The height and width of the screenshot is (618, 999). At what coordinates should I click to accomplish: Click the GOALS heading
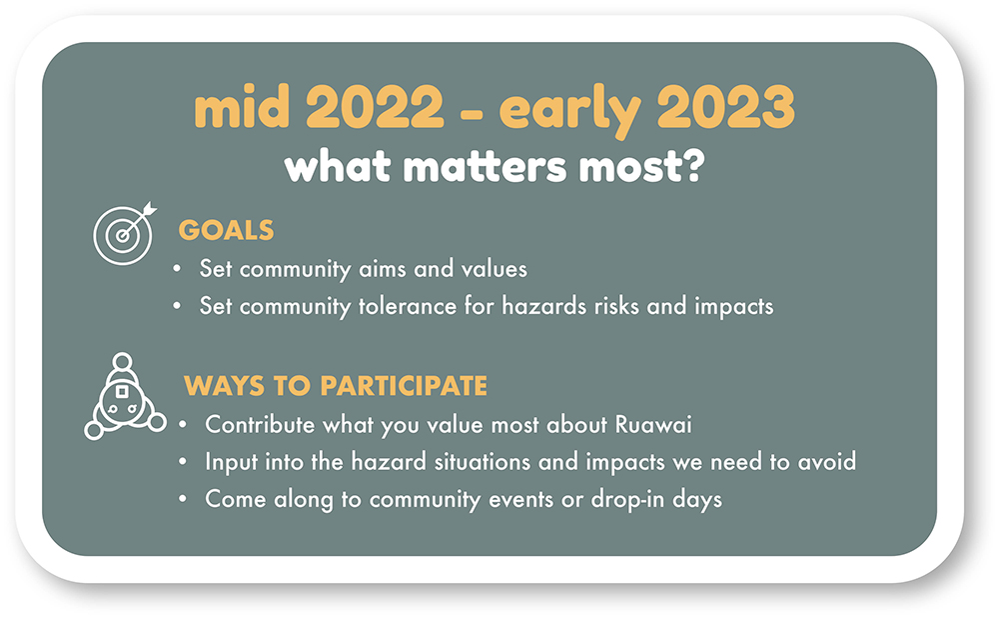pyautogui.click(x=226, y=231)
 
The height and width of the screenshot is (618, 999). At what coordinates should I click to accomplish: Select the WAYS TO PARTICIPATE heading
pyautogui.click(x=336, y=386)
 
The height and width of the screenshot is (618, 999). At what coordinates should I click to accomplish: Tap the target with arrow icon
pyautogui.click(x=124, y=231)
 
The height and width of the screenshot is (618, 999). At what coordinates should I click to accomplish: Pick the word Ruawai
pyautogui.click(x=656, y=424)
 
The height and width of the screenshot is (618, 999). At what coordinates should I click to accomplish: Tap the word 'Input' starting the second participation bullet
pyautogui.click(x=229, y=462)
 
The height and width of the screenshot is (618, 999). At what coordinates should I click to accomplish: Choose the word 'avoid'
pyautogui.click(x=828, y=462)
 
